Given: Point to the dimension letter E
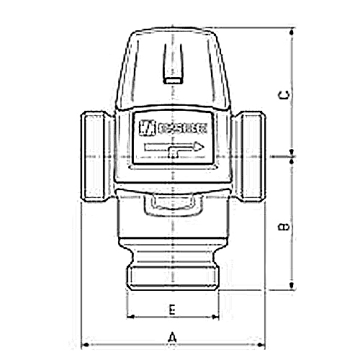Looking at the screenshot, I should (x=171, y=309).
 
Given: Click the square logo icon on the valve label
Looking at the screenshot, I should (x=146, y=129).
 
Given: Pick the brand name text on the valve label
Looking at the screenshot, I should (x=181, y=130).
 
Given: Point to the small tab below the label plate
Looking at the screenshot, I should (x=173, y=207).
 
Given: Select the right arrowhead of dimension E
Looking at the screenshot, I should (x=216, y=317).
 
